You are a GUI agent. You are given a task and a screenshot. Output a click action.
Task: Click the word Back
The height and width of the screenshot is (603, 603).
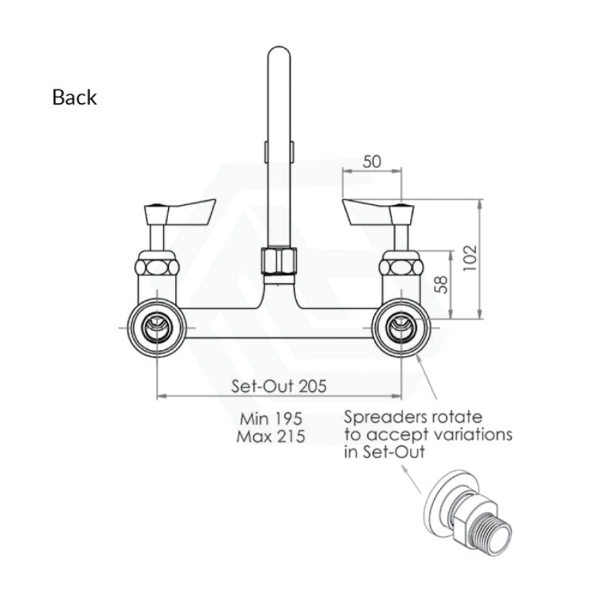74,97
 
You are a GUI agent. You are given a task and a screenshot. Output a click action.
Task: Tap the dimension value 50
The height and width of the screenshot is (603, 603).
372,162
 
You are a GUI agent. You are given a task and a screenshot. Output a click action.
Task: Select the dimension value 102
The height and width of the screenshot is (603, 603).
470,257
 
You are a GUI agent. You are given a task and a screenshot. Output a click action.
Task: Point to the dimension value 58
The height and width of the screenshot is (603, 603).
443,285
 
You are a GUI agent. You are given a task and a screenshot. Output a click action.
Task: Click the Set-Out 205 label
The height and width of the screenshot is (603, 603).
279,386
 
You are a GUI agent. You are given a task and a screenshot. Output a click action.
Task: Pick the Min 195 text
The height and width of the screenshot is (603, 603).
271,418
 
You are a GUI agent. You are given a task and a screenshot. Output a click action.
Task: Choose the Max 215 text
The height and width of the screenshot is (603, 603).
271,436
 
